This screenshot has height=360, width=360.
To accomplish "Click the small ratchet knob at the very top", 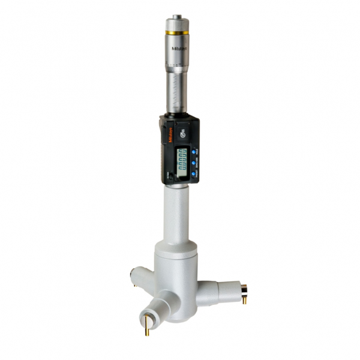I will coord(176,18).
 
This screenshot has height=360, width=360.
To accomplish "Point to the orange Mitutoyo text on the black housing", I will coord(168,139).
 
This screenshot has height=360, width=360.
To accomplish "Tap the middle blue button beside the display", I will coord(194,160).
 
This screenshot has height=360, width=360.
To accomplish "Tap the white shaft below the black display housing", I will coord(178,210).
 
